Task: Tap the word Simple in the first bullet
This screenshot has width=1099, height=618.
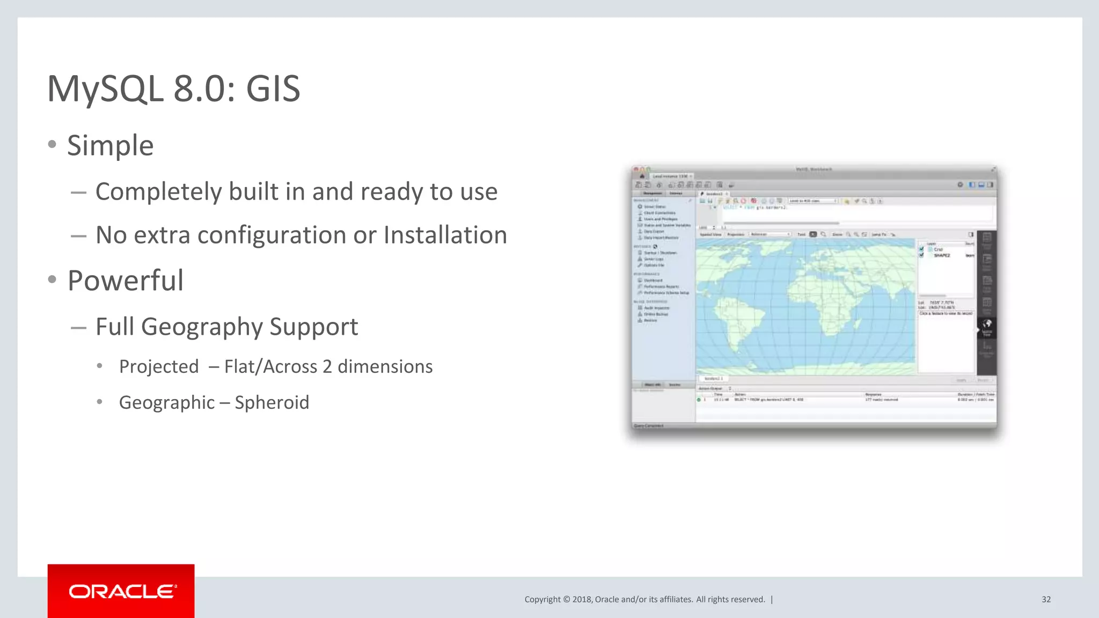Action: tap(110, 146)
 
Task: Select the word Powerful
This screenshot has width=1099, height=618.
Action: tap(125, 281)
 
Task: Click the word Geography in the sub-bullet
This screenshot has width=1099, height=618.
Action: tap(202, 327)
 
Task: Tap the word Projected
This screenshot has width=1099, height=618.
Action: tap(159, 366)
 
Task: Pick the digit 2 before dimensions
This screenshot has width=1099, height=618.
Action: tap(327, 366)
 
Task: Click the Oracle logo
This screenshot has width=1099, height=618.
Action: tap(121, 591)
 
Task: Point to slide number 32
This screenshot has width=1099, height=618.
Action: tap(1046, 599)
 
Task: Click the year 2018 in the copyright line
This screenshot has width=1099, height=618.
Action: tap(582, 599)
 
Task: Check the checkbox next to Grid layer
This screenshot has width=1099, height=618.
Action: tap(922, 249)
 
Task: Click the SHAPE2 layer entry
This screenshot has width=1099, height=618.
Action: tap(942, 255)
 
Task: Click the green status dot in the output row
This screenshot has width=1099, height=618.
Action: tap(699, 400)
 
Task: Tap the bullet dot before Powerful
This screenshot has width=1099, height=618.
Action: tap(52, 279)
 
